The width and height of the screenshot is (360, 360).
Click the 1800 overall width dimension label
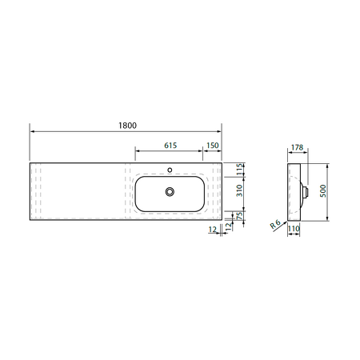coord(127,126)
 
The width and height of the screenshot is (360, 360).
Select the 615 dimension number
coord(170,146)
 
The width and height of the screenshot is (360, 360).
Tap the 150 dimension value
coord(213,146)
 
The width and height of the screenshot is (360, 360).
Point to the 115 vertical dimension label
coord(240,170)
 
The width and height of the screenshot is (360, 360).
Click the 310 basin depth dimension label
coord(240,190)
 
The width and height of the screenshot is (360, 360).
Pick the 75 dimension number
coord(240,215)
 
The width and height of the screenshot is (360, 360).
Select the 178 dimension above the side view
coord(297,147)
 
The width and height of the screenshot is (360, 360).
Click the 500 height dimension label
coord(323,190)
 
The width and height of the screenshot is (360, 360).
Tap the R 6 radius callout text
coord(275,224)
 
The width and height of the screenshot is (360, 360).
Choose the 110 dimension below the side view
coord(294,229)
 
